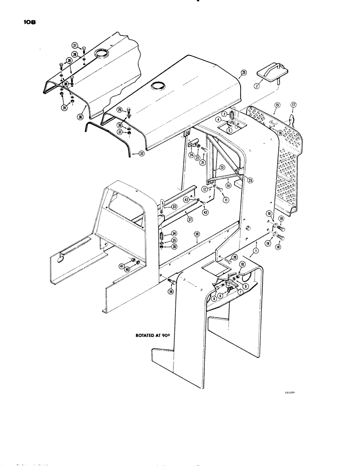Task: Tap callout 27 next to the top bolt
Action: [74, 45]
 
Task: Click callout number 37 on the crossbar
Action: [177, 220]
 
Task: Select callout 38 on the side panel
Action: [197, 234]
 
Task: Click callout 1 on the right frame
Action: [255, 251]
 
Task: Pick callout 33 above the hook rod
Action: [173, 206]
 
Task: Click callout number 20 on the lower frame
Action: [234, 257]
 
